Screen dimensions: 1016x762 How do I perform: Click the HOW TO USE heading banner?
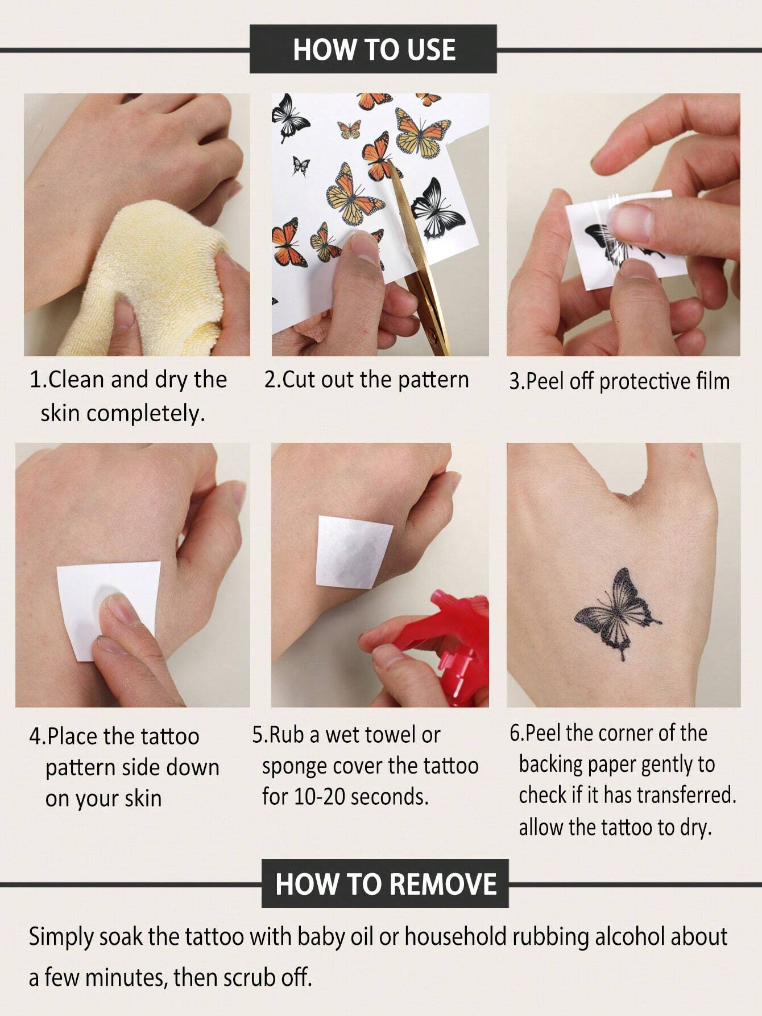coord(374,50)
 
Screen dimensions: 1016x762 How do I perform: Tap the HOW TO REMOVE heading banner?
coord(385,884)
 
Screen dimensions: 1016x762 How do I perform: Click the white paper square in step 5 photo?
coord(354,551)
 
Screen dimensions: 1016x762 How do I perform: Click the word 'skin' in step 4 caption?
coord(143,798)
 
